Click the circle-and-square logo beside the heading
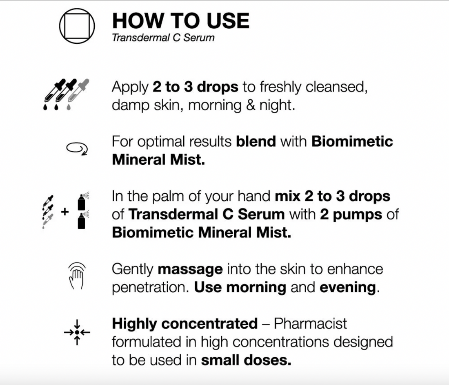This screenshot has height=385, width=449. tap(77, 26)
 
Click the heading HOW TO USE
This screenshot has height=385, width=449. tap(181, 21)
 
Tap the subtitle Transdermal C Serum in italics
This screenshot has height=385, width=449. tap(163, 38)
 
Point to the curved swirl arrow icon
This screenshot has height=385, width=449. tap(77, 148)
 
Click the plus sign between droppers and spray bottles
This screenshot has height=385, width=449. tap(65, 212)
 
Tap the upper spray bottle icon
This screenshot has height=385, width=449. tap(82, 201)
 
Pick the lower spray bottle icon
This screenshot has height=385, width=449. tap(82, 220)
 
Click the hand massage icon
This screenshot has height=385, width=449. tap(77, 276)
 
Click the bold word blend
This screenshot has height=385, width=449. tap(256, 141)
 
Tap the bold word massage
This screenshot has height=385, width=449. tap(190, 270)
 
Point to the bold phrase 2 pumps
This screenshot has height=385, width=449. tap(351, 215)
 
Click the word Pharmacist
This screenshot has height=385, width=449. tap(310, 324)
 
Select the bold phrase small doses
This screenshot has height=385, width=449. tap(246, 360)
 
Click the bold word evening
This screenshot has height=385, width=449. tap(348, 288)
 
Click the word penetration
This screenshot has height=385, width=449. tap(150, 288)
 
